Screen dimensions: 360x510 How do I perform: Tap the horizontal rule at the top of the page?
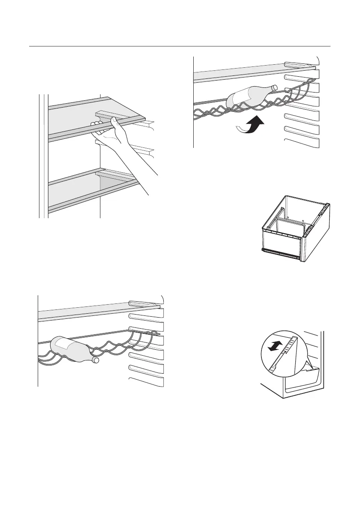[180, 46]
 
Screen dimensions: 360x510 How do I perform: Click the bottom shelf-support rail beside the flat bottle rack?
[147, 381]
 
